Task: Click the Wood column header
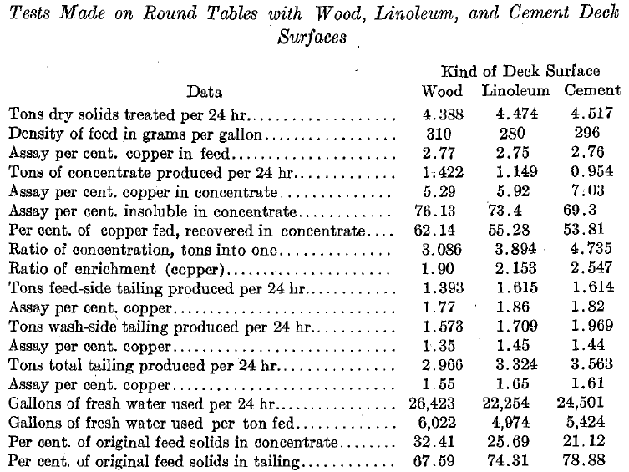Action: click(442, 91)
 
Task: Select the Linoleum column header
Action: click(515, 91)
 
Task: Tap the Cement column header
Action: click(591, 91)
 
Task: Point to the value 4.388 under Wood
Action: click(443, 113)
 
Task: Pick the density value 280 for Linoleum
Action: click(515, 132)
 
